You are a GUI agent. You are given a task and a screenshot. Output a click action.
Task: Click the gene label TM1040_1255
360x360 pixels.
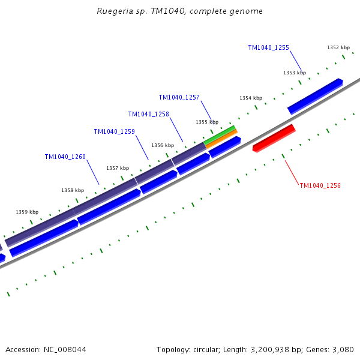tap(268, 47)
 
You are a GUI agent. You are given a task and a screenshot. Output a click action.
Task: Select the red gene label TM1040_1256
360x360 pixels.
tap(320, 186)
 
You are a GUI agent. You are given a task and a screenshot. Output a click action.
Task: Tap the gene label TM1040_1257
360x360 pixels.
tap(179, 97)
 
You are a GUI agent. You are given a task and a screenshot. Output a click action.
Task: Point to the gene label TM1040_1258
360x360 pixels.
tap(148, 114)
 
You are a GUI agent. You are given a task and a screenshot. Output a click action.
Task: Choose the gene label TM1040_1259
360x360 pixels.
tap(114, 131)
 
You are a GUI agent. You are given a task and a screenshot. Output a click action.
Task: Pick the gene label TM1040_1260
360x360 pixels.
tap(65, 157)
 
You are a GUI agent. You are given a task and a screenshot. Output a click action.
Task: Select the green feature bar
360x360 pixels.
tap(220, 135)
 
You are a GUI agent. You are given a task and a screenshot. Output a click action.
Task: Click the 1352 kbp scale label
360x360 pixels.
tap(338, 47)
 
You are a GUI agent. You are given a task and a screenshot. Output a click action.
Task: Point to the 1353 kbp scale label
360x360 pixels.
tap(294, 73)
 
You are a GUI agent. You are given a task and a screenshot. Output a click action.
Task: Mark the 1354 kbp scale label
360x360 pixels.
tap(250, 98)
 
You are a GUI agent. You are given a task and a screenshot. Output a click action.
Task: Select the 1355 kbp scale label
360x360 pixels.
tap(206, 122)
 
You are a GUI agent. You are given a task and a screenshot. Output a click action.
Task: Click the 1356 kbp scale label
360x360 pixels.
tap(162, 145)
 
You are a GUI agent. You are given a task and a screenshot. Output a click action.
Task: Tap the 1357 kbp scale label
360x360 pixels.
tap(118, 168)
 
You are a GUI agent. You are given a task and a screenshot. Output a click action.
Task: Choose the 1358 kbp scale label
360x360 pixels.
tap(72, 190)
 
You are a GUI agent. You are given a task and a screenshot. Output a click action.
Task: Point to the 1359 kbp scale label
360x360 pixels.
tap(27, 212)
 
